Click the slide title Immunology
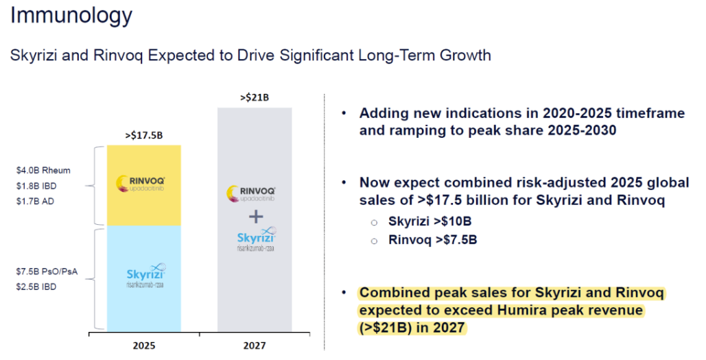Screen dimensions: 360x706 71,15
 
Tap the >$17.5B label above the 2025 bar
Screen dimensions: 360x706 144,135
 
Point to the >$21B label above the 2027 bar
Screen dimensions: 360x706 255,98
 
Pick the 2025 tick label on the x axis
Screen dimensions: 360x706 144,346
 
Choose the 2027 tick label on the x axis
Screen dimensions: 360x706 255,346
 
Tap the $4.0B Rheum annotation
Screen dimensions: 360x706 44,170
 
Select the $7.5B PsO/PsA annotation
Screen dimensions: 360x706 47,272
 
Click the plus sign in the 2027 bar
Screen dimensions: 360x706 255,217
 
